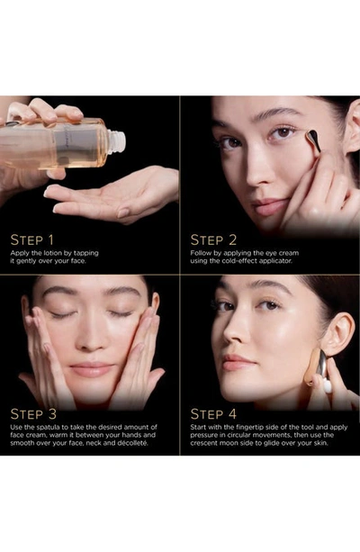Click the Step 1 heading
click(x=32, y=240)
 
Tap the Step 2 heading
click(x=213, y=240)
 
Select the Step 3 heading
click(x=33, y=414)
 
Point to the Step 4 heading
click(x=213, y=414)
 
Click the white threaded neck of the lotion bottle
click(x=116, y=141)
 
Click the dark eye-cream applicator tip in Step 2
click(x=313, y=140)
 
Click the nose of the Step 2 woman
click(x=257, y=169)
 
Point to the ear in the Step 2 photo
click(x=352, y=127)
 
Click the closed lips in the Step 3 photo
click(x=92, y=369)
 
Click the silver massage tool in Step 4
click(x=321, y=368)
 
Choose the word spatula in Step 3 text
click(x=48, y=427)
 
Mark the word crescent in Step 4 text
click(x=203, y=443)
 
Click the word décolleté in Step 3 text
click(x=132, y=443)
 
